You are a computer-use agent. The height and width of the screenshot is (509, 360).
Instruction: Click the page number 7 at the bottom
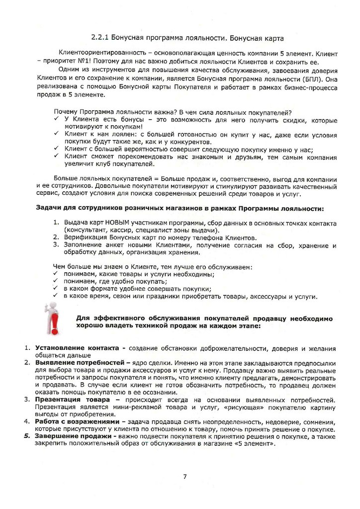pyautogui.click(x=185, y=477)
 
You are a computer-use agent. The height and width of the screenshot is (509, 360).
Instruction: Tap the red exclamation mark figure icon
pyautogui.click(x=51, y=319)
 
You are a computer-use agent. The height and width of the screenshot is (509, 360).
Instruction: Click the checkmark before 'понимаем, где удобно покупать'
pyautogui.click(x=56, y=281)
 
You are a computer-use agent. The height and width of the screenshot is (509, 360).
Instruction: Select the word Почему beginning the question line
pyautogui.click(x=65, y=112)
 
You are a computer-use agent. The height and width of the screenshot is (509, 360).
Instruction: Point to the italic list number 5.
pyautogui.click(x=28, y=436)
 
